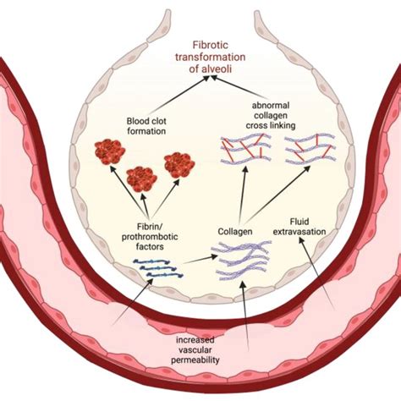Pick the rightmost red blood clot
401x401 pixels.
tap(180, 164)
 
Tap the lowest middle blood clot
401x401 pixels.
tap(142, 179)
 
